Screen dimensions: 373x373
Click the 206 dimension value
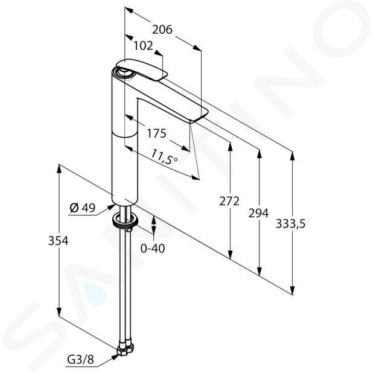(162, 30)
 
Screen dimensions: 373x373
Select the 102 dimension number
(143, 46)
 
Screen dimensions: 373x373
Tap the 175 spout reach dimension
(156, 133)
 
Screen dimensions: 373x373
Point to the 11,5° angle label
(165, 157)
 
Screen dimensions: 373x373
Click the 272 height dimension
(229, 201)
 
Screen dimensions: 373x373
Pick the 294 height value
(258, 213)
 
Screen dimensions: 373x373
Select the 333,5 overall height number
(290, 224)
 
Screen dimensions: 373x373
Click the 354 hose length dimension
(59, 241)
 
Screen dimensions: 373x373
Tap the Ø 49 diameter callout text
(82, 208)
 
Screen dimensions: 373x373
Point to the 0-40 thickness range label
(153, 249)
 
